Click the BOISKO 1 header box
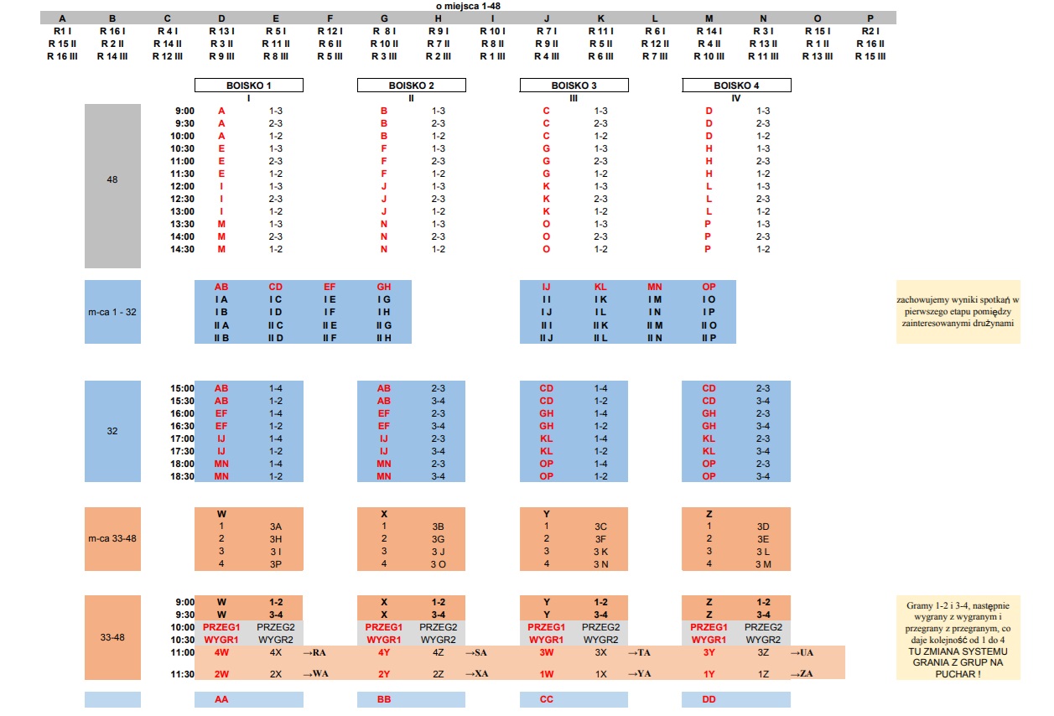tap(248, 86)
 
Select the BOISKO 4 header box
tap(736, 86)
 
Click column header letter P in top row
tap(870, 18)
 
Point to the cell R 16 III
tap(62, 57)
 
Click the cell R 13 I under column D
tap(221, 31)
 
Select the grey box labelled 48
tap(112, 179)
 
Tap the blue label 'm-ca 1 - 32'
tap(112, 312)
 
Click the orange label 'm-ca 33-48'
tap(112, 538)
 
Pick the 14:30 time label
tap(183, 249)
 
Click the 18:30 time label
tap(183, 476)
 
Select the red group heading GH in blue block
tap(384, 287)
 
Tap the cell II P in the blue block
tap(709, 338)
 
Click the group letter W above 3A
tap(221, 514)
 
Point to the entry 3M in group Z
tap(762, 564)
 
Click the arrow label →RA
tap(314, 652)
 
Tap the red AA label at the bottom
tap(221, 699)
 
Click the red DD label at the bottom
tap(709, 699)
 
